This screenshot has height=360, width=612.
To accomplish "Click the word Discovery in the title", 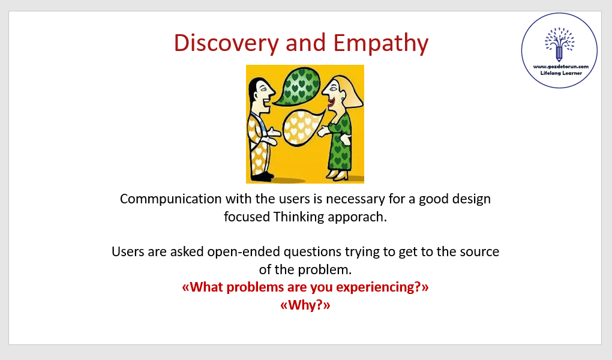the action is [226, 43].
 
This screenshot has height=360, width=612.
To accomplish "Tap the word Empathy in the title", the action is [380, 43].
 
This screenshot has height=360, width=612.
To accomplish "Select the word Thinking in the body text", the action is [299, 217].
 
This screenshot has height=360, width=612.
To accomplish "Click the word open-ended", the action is [244, 252].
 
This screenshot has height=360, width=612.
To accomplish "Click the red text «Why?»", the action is [305, 305].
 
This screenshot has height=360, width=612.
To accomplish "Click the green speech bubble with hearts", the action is [299, 86].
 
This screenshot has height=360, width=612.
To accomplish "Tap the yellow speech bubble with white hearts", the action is [302, 127].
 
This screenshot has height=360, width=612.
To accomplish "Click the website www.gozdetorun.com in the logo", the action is [561, 67].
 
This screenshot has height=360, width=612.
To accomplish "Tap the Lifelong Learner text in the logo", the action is [561, 73].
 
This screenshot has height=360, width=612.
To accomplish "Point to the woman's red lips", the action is [331, 103].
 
